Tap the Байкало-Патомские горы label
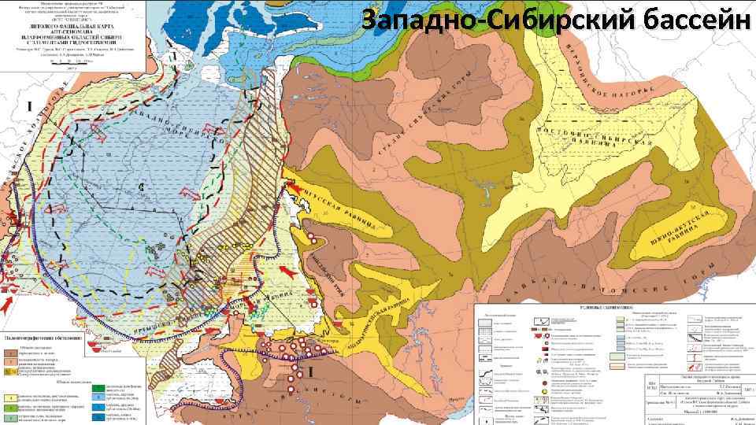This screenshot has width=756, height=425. tap(598, 279)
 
